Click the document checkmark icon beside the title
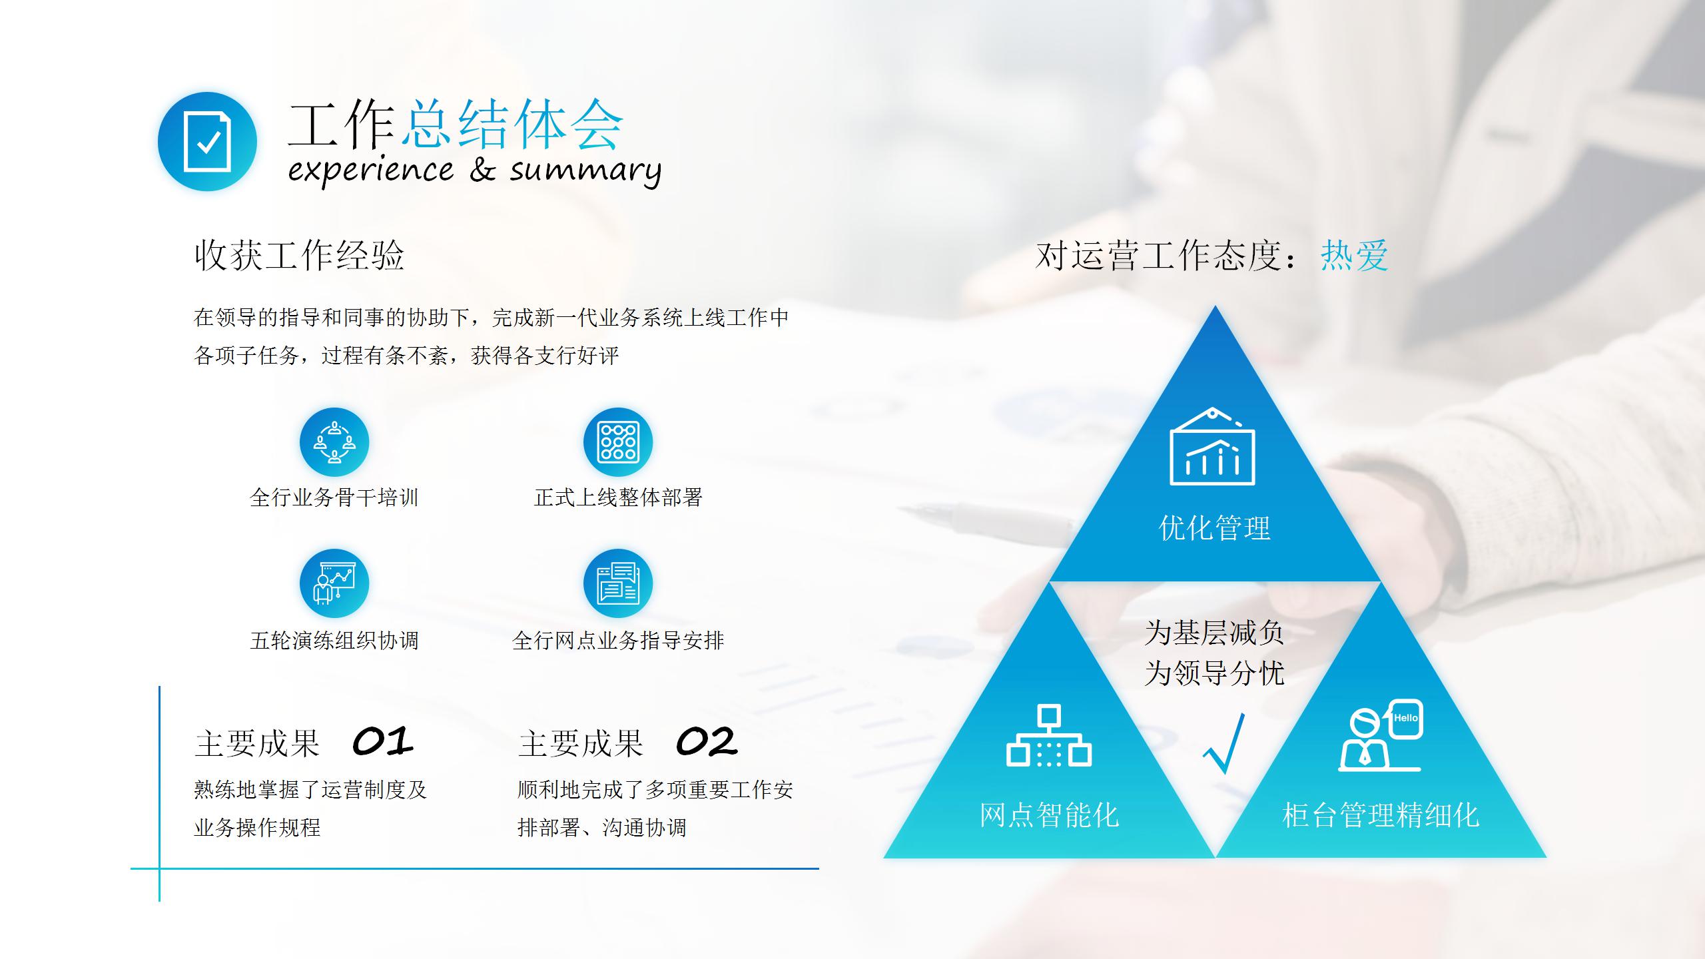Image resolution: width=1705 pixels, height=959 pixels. [207, 142]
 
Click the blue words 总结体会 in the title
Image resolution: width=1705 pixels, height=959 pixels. [511, 125]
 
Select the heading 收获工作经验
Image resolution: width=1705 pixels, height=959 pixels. [299, 255]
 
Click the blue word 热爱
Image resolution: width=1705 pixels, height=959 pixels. [1354, 256]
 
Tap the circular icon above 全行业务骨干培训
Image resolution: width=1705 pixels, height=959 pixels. [334, 442]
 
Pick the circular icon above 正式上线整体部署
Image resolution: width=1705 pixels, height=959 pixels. [618, 442]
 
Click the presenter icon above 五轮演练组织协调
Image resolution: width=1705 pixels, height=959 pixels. [334, 583]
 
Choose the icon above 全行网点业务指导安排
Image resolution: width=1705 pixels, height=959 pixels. [618, 583]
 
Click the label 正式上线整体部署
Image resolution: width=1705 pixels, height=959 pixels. [618, 497]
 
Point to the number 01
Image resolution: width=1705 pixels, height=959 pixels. [382, 741]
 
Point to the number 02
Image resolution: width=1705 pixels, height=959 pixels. [707, 741]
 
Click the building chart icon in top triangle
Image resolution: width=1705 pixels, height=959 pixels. [1212, 448]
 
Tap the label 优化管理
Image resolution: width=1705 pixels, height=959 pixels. [1215, 528]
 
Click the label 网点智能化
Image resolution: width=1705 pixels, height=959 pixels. [1049, 815]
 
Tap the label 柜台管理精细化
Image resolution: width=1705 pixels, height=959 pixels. [1381, 815]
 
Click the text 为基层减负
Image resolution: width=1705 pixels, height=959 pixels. [1214, 633]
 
